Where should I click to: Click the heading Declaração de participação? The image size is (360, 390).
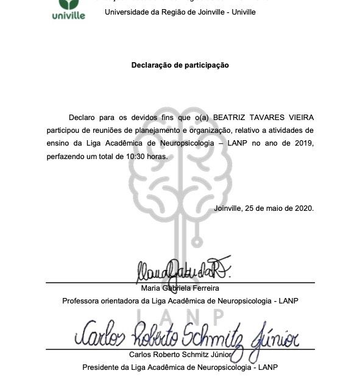[x=180, y=65]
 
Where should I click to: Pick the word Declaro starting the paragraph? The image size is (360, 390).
[x=82, y=117]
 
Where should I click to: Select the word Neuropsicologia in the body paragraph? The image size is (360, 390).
[x=177, y=143]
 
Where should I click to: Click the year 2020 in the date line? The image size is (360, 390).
[x=303, y=208]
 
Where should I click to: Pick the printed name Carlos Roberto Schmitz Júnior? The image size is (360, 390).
[x=180, y=355]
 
